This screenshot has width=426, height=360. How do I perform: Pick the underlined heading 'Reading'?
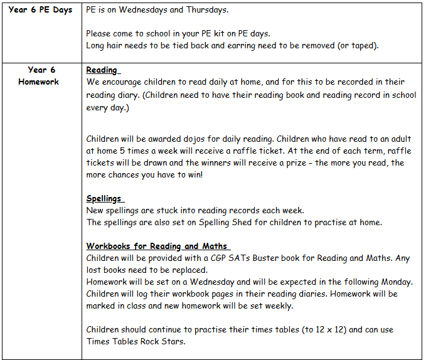(x=102, y=70)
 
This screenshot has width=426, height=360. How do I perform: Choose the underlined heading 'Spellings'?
(x=104, y=198)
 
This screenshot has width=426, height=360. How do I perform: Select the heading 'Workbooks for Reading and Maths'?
(x=157, y=246)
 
